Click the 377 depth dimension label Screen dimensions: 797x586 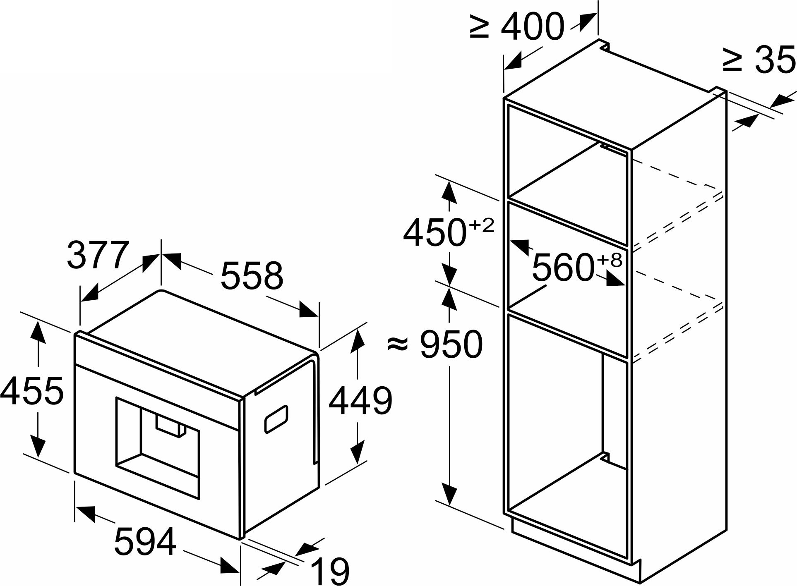tap(96, 256)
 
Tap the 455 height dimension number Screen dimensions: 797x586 tap(32, 390)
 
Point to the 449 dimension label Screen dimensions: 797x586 tap(360, 401)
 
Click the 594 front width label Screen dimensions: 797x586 tap(145, 541)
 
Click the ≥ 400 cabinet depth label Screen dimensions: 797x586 tap(517, 26)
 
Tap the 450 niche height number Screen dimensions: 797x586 tap(433, 233)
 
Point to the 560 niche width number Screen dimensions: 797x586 tap(562, 268)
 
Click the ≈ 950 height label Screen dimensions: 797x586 tap(435, 344)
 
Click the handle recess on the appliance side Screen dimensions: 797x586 tap(276, 419)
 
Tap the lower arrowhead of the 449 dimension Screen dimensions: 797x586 tap(357, 453)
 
